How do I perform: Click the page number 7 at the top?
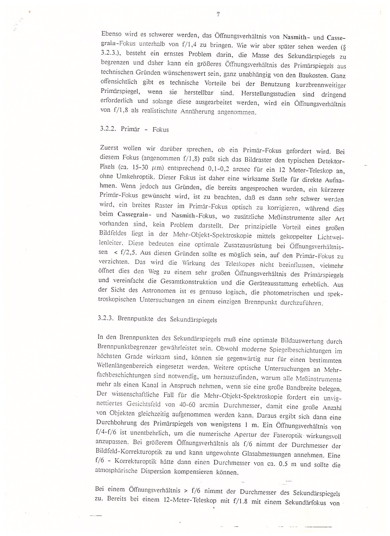click(x=218, y=14)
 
